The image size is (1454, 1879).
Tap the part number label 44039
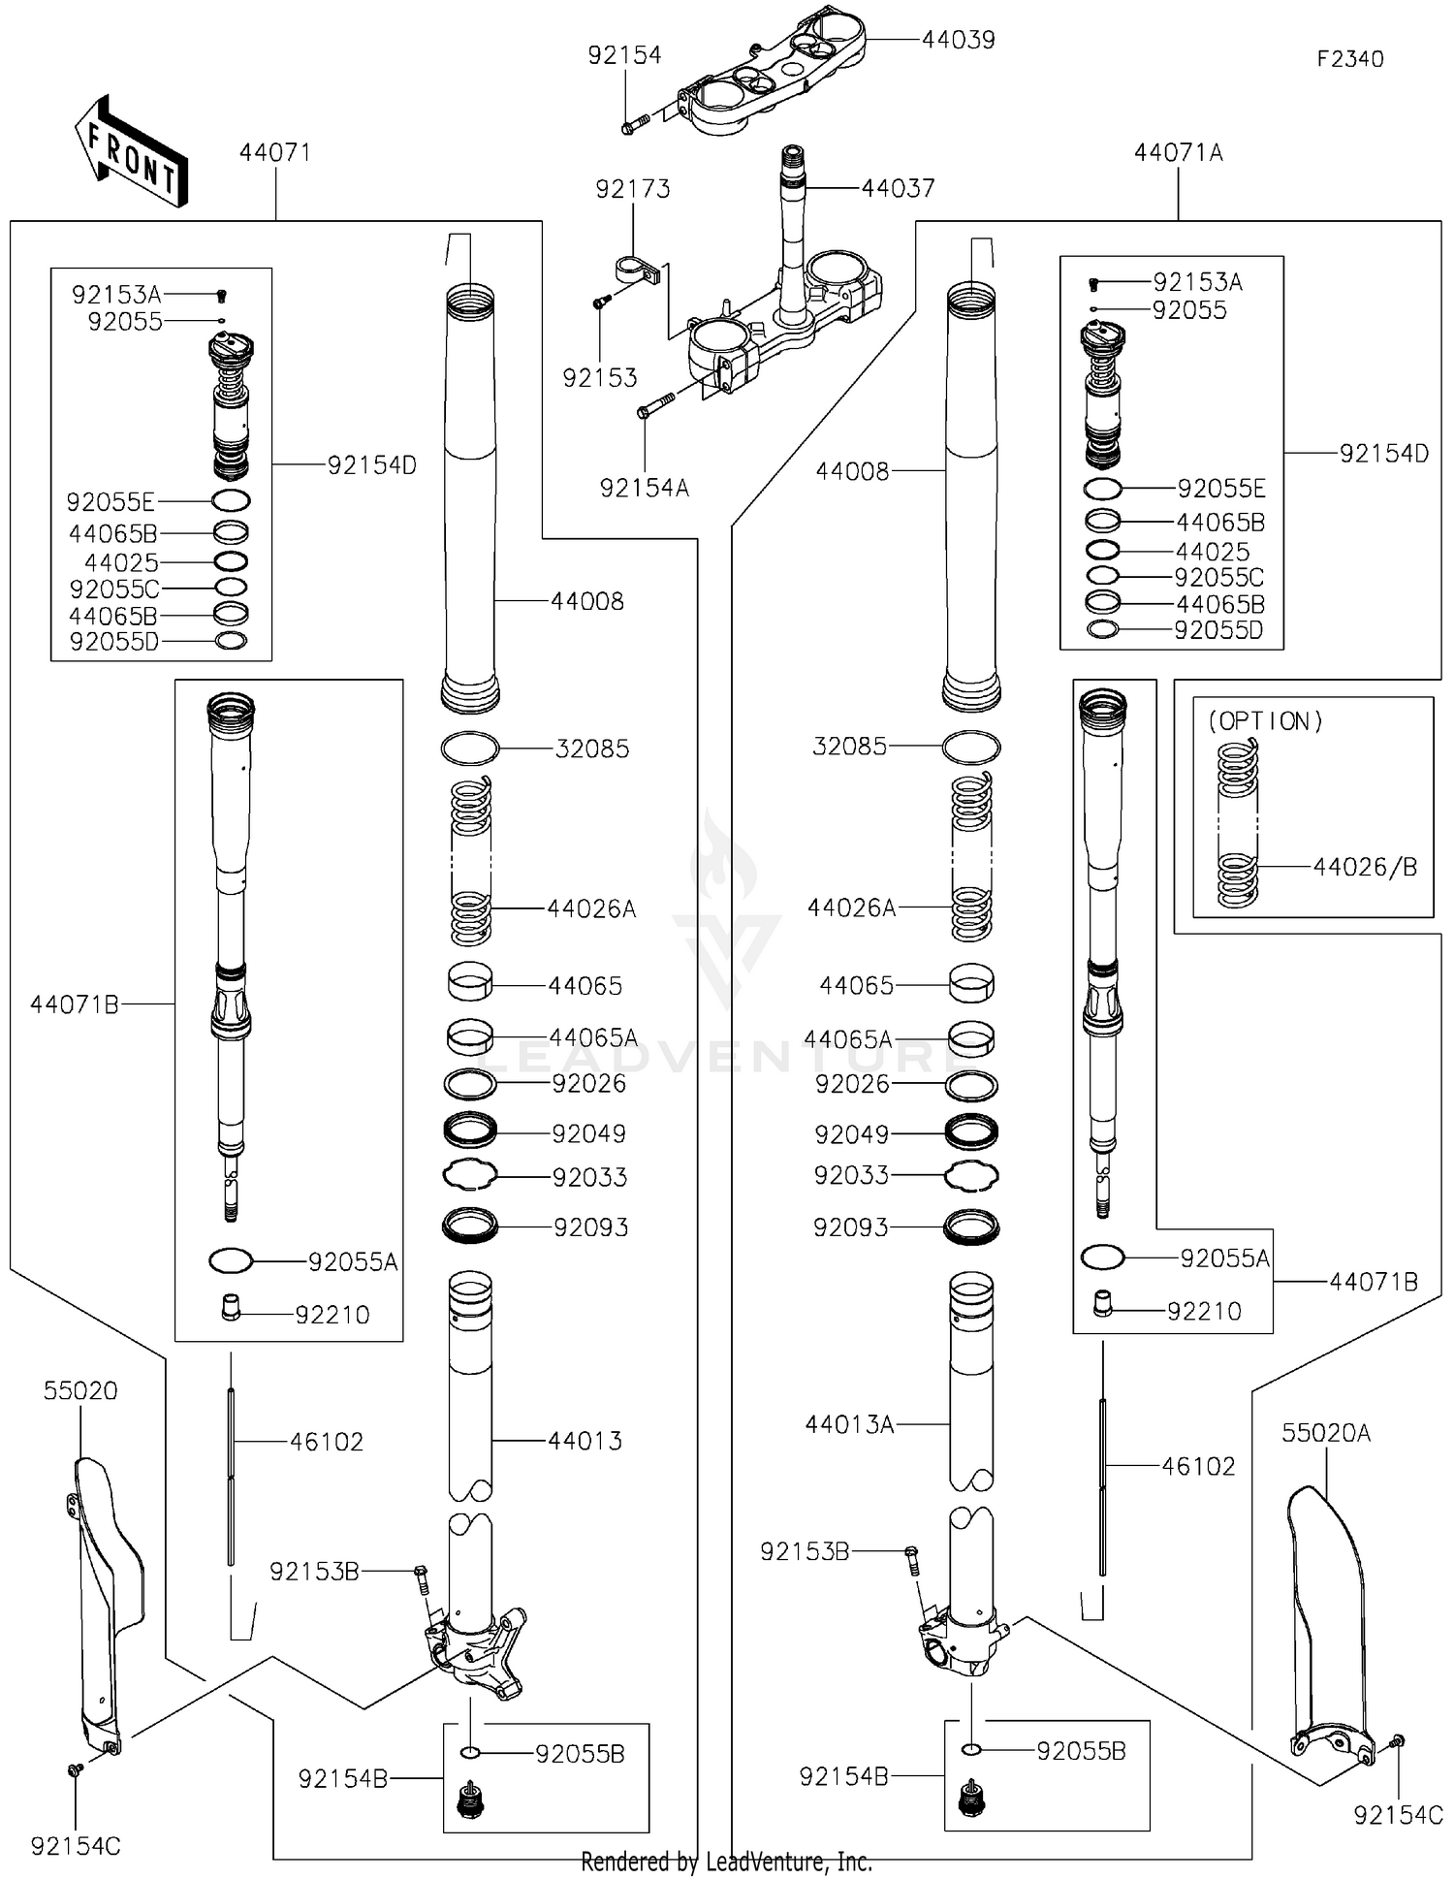point(958,40)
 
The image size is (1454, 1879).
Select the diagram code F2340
point(1349,59)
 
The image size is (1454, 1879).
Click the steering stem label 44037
point(898,188)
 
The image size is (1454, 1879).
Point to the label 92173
point(632,189)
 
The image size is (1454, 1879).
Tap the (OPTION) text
point(1265,721)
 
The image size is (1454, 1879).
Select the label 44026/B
point(1365,867)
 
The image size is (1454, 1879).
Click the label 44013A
point(849,1424)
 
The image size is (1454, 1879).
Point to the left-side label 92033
point(589,1177)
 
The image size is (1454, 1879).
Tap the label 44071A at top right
point(1178,153)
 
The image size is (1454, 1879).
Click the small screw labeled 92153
point(600,303)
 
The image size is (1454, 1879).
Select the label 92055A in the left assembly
point(353,1261)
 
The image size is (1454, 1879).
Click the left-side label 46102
point(327,1442)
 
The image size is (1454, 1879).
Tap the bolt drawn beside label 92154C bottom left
point(74,1770)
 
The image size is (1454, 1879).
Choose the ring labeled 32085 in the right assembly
point(971,748)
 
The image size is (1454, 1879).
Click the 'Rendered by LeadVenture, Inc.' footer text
point(726,1862)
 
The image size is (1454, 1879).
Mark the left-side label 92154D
point(371,465)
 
